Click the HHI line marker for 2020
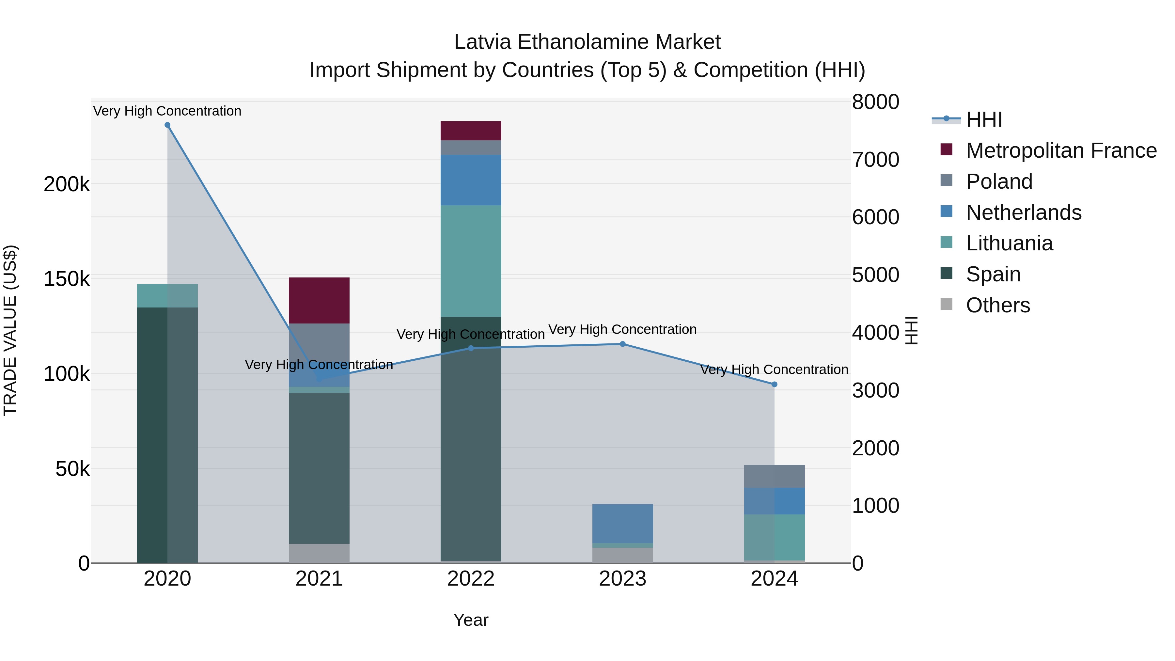click(167, 125)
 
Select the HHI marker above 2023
click(623, 344)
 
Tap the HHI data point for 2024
click(774, 385)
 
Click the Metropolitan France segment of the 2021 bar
click(319, 300)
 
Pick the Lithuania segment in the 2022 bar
click(471, 261)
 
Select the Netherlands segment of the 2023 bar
click(623, 523)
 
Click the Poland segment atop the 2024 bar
click(774, 476)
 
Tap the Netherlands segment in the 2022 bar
click(471, 180)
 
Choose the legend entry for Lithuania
click(1009, 243)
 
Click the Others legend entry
click(997, 305)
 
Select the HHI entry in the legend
click(984, 119)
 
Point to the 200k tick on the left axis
click(67, 184)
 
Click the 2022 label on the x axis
click(471, 579)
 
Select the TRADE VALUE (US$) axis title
click(10, 330)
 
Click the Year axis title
click(471, 620)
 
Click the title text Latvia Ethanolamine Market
click(587, 42)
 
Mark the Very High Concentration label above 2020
click(167, 111)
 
